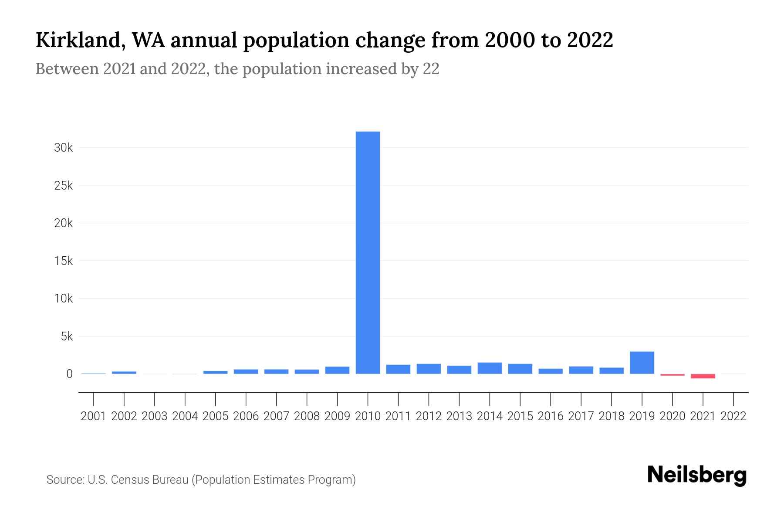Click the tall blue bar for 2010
(x=368, y=253)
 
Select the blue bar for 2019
(x=642, y=363)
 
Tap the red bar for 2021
(x=703, y=376)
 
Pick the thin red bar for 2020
(x=672, y=375)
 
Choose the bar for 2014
(x=490, y=368)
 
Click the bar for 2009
(x=337, y=370)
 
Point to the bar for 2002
(x=124, y=373)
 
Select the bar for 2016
(x=551, y=371)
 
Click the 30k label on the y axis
(x=63, y=148)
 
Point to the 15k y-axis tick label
(x=63, y=261)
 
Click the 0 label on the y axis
(x=69, y=374)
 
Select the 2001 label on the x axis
(x=94, y=416)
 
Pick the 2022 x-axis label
(x=733, y=416)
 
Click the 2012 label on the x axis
(x=429, y=416)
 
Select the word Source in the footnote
(x=65, y=480)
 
